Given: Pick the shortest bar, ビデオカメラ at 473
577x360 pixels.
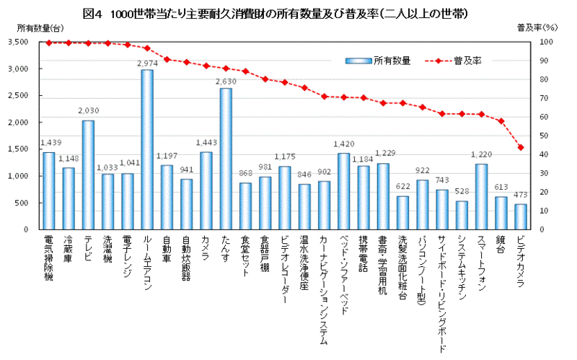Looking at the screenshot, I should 520,216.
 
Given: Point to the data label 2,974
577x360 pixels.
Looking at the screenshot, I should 146,63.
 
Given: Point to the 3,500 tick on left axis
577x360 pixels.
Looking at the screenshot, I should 17,43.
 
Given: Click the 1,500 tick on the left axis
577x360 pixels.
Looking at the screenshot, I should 17,149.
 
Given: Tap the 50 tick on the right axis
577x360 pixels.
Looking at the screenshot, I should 545,136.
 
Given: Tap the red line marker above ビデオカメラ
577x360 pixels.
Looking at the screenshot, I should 520,147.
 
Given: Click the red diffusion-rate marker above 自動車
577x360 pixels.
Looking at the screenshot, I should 167,59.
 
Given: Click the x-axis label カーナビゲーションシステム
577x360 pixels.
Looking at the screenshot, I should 324,289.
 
